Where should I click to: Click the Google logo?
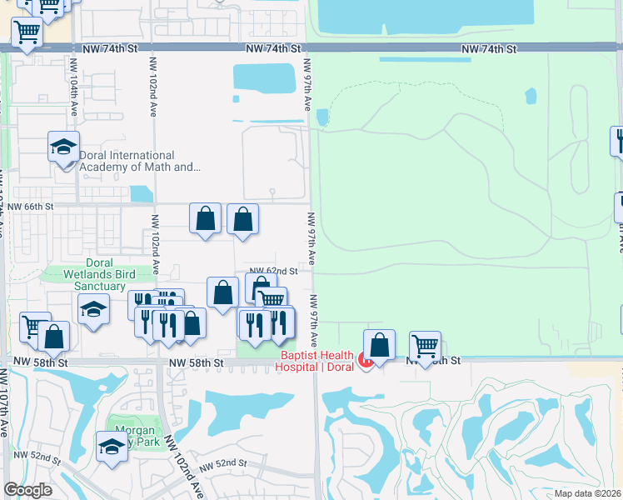[x=27, y=490]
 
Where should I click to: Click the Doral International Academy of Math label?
[x=139, y=161]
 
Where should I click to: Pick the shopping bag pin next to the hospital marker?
[x=379, y=345]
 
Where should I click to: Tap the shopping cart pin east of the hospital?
[x=425, y=345]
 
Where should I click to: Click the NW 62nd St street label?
[x=273, y=272]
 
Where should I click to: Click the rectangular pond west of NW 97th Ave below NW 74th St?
[x=264, y=77]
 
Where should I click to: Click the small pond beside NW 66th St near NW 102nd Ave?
[x=142, y=193]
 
